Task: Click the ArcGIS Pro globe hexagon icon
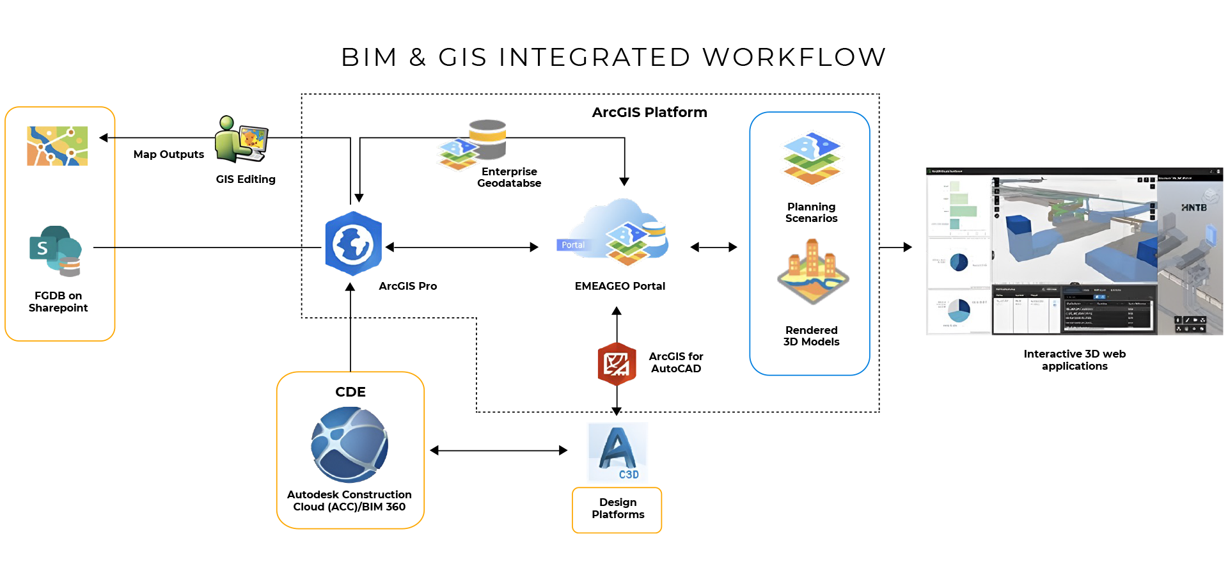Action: click(x=353, y=244)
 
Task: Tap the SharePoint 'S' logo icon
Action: click(x=43, y=248)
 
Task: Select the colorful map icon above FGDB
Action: click(x=58, y=146)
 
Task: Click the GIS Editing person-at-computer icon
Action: click(x=241, y=140)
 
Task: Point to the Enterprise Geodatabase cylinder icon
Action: click(x=487, y=139)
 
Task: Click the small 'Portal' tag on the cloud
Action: click(x=572, y=245)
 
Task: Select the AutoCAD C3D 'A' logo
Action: click(x=617, y=452)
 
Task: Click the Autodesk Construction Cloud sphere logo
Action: click(x=349, y=445)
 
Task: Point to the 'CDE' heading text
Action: click(x=350, y=392)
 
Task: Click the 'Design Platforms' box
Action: click(x=617, y=509)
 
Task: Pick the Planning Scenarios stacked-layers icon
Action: click(x=812, y=158)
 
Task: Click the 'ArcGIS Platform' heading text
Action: click(x=649, y=113)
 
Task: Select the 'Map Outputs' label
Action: click(x=168, y=155)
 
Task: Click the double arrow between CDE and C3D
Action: click(x=498, y=450)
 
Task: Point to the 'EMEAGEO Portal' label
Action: click(x=620, y=287)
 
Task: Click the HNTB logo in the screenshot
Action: click(x=1193, y=208)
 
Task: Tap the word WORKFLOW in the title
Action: click(x=794, y=58)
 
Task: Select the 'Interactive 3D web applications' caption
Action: click(x=1074, y=360)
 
